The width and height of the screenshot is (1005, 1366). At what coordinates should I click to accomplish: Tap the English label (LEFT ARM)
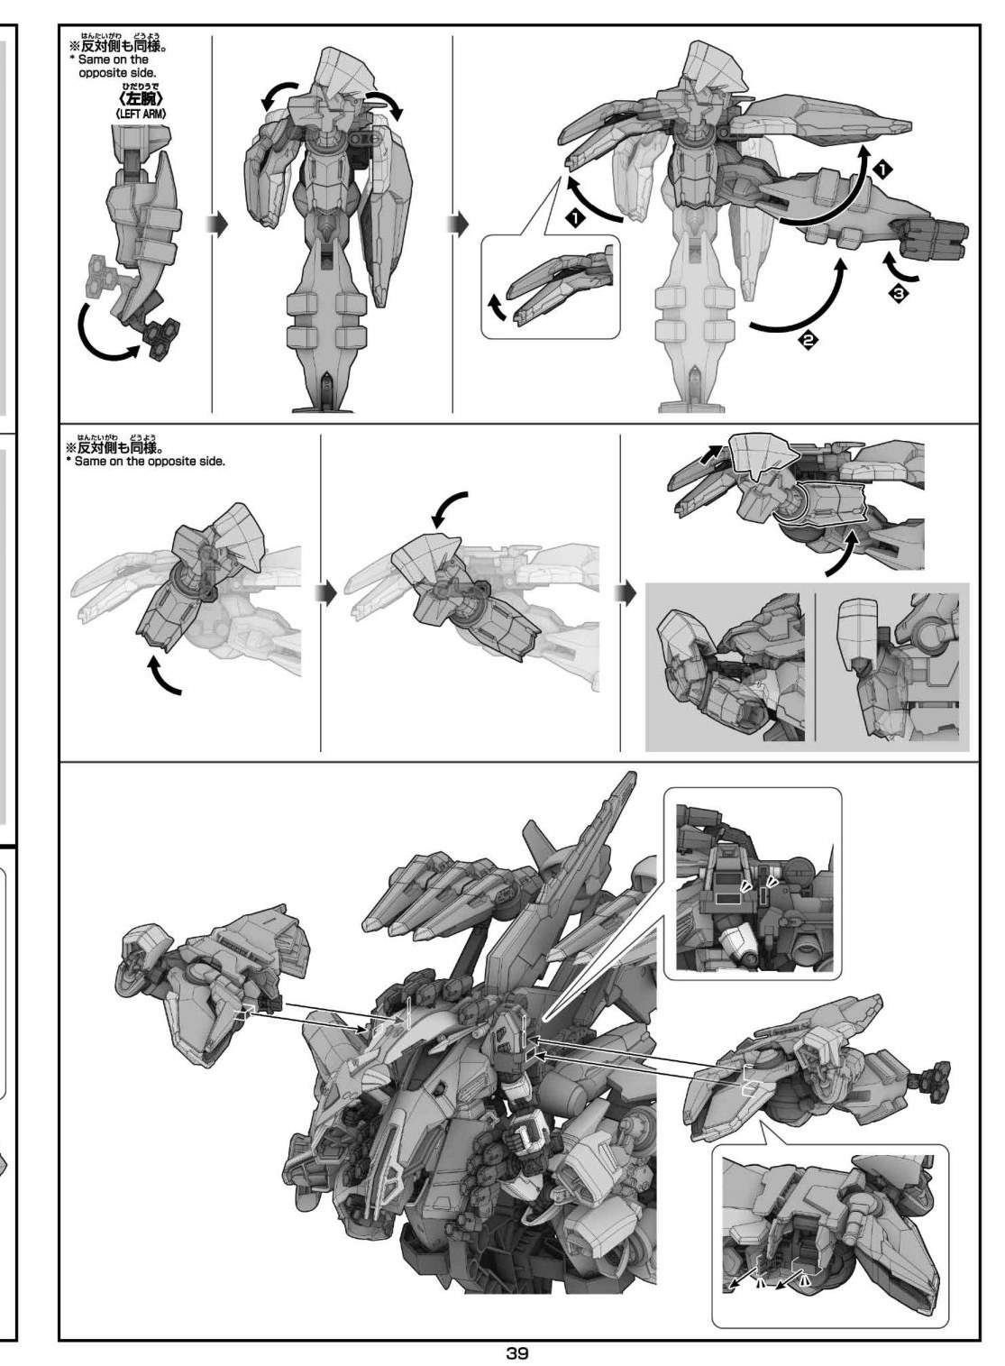[141, 114]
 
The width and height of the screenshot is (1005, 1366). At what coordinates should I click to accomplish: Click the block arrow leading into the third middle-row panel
[626, 593]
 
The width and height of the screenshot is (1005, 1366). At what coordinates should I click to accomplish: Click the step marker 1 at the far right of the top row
[882, 171]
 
